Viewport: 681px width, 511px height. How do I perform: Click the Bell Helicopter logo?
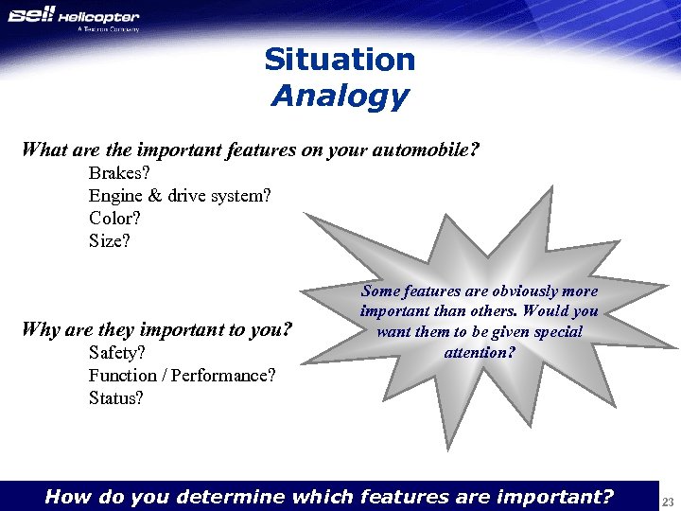tap(73, 16)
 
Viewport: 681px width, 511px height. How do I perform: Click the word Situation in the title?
tap(340, 60)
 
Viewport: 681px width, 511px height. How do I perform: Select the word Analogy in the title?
tap(340, 96)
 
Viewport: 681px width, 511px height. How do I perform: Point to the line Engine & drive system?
tap(180, 196)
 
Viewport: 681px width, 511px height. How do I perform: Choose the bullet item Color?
tap(114, 219)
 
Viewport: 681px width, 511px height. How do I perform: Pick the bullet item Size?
tap(110, 241)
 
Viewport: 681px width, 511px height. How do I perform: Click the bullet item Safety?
tap(117, 353)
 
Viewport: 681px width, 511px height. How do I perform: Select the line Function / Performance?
tap(183, 376)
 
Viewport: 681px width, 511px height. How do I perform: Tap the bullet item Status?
tap(116, 398)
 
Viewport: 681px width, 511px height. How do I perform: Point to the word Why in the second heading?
tap(41, 330)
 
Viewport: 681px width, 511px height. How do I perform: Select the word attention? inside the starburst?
tap(480, 353)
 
